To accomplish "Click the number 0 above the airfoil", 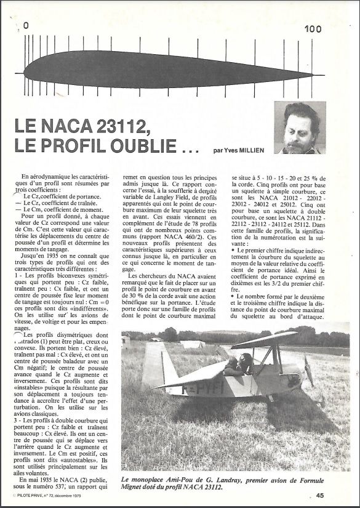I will pyautogui.click(x=26, y=26).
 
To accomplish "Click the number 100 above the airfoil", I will pyautogui.click(x=312, y=28).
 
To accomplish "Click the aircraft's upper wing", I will pyautogui.click(x=265, y=338).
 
